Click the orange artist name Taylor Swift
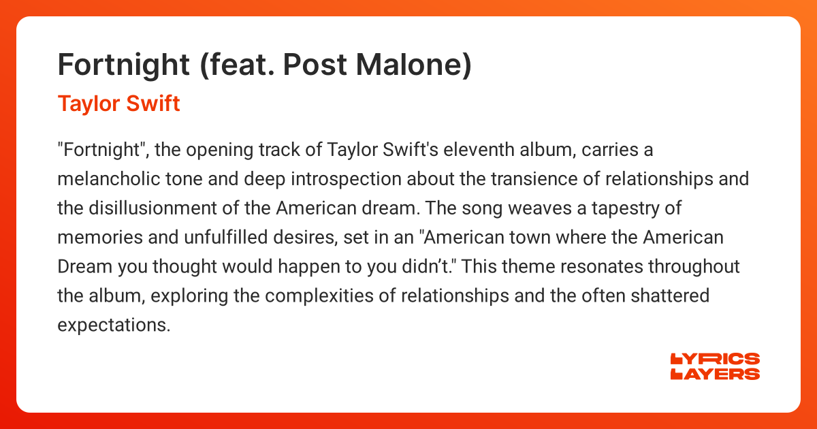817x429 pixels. pyautogui.click(x=118, y=104)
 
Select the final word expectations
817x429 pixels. pyautogui.click(x=113, y=325)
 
